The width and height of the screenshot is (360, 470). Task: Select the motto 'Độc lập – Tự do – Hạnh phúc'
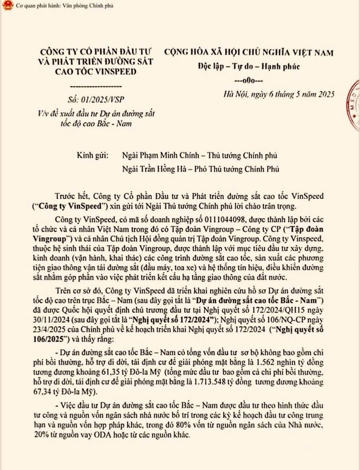click(249, 66)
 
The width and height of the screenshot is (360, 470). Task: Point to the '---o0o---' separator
click(247, 81)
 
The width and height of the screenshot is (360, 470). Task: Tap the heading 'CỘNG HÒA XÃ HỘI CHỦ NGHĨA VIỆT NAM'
click(249, 53)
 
